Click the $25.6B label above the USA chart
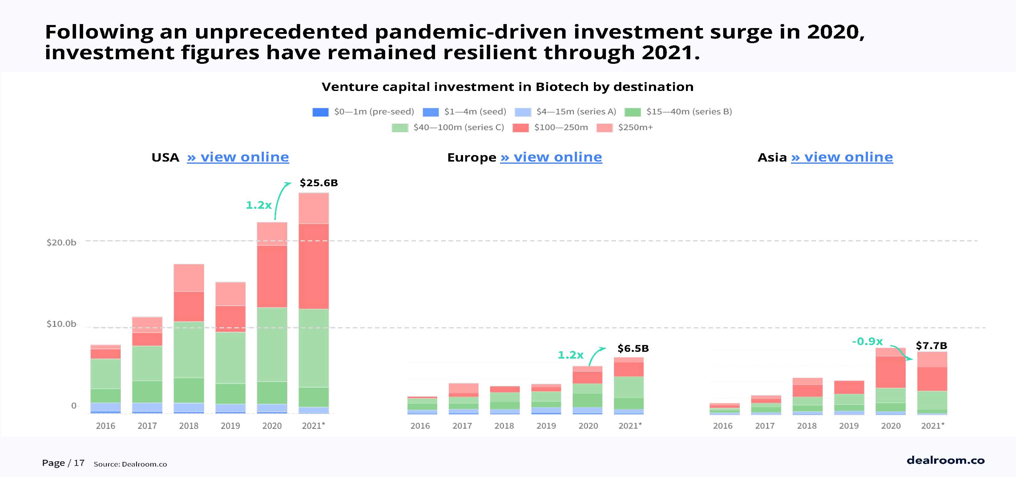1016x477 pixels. tap(318, 183)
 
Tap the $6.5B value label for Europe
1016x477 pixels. tap(633, 348)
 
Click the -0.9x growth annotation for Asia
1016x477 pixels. tap(867, 341)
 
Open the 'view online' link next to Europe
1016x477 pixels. tap(551, 157)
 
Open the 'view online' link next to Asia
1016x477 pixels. tap(842, 157)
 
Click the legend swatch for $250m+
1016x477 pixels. tap(604, 128)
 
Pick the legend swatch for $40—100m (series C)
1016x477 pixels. tap(400, 128)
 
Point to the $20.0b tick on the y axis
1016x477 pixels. tap(61, 242)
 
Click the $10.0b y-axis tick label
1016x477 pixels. tap(61, 324)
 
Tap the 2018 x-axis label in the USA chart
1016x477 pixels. tap(188, 426)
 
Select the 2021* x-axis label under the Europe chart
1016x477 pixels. tap(630, 426)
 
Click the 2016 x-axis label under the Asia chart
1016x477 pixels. tap(723, 426)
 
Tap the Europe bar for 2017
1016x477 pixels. tap(463, 398)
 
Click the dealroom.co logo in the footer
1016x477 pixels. tap(945, 460)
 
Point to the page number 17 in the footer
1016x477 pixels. tap(79, 463)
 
